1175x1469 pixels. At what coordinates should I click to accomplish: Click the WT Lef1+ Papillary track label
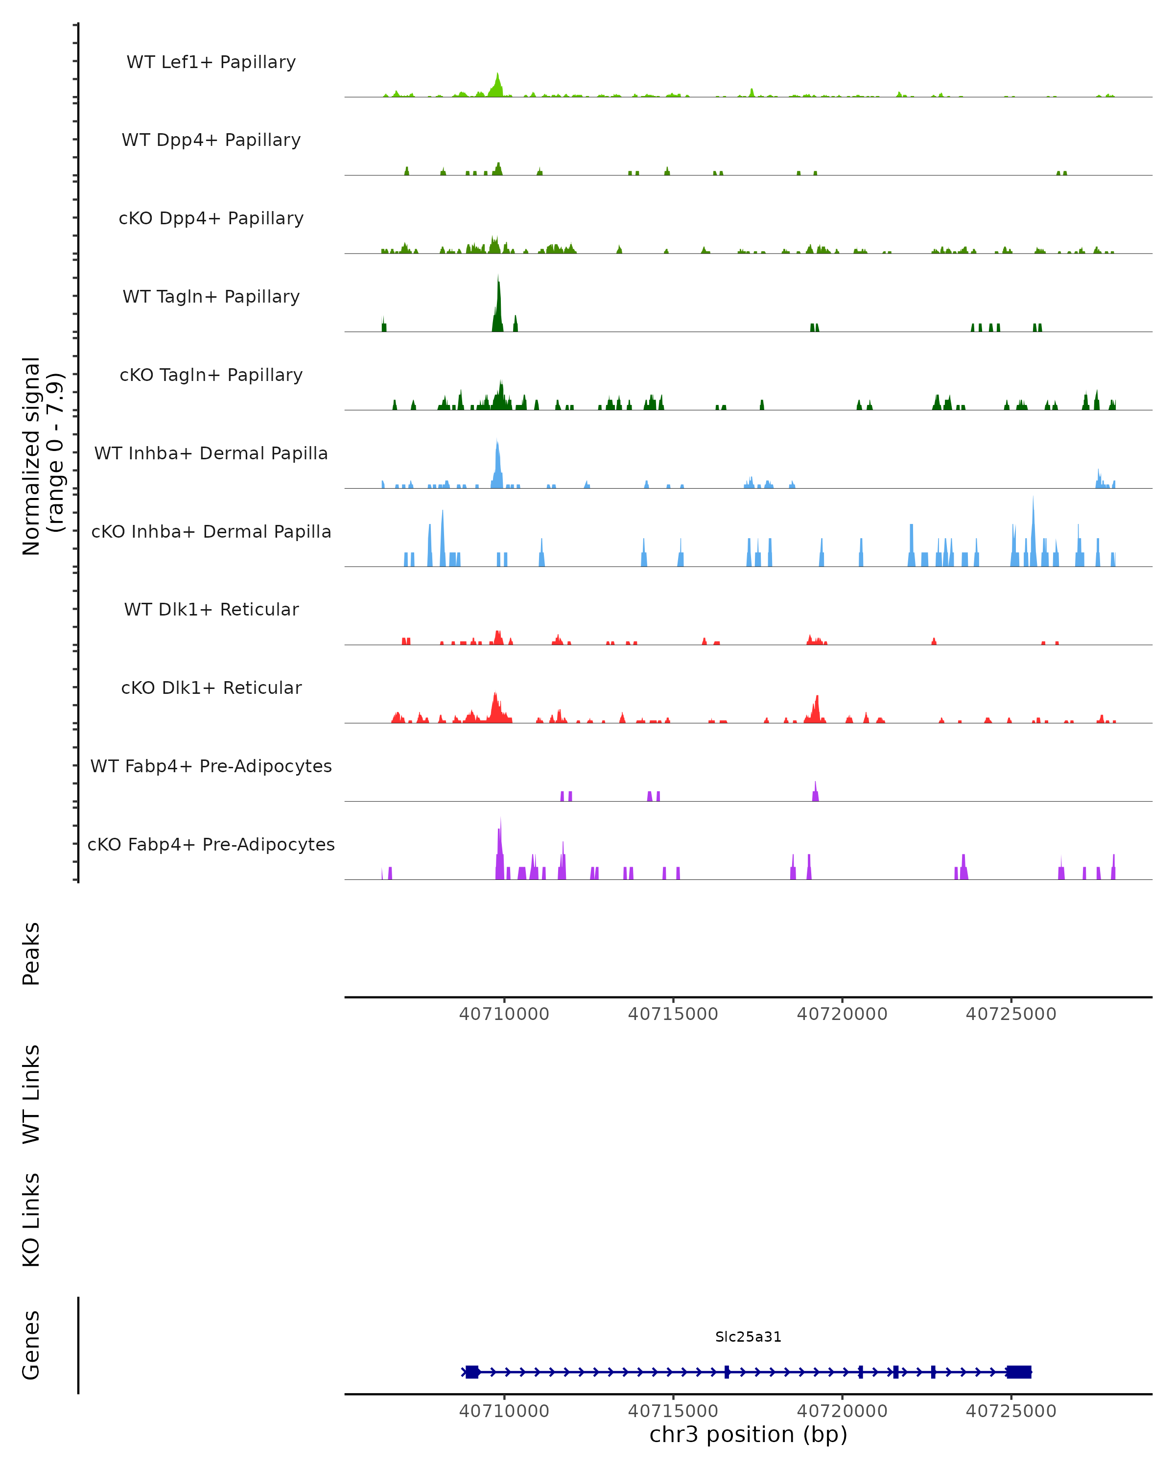coord(211,62)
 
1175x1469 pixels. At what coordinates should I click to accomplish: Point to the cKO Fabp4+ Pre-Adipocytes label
coord(211,844)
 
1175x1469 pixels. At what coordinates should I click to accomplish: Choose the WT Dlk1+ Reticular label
coord(211,609)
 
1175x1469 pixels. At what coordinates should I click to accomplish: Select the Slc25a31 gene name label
coord(748,1337)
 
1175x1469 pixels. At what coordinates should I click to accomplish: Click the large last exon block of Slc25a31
coord(1018,1372)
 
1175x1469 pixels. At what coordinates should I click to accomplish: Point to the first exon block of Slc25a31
coord(472,1372)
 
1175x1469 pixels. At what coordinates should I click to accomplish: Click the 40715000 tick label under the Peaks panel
coord(673,1014)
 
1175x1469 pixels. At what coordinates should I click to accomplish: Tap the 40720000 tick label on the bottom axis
coord(842,1411)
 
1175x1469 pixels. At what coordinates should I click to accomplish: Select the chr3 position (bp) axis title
coord(748,1434)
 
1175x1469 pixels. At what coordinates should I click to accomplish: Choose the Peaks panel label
coord(31,953)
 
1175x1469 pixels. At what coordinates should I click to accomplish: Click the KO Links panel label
coord(31,1220)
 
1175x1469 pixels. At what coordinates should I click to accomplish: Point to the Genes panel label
coord(31,1345)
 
